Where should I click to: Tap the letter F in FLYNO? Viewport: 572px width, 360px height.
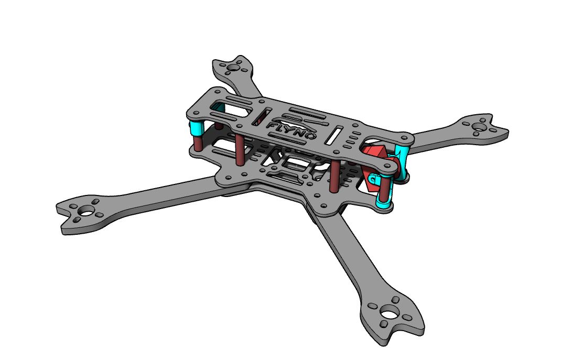272,125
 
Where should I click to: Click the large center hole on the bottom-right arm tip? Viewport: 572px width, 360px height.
390,313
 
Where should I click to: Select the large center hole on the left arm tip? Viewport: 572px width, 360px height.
86,211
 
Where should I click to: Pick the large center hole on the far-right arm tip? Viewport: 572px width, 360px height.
479,127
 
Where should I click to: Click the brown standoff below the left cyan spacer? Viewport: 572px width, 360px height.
197,144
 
